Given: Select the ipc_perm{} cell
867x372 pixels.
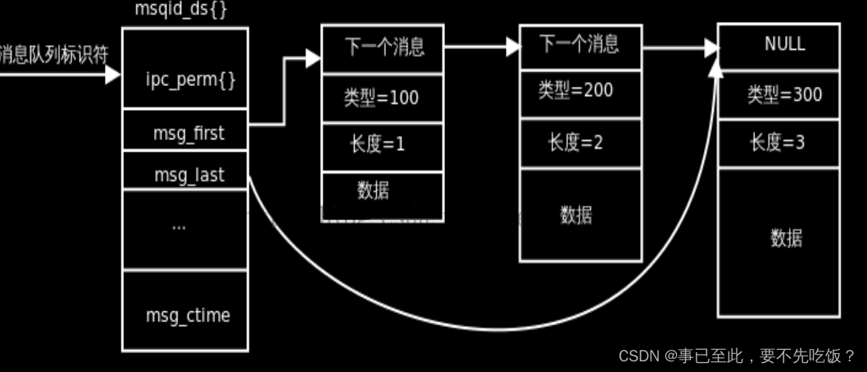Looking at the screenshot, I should click(185, 79).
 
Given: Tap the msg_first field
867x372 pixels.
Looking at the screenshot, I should click(188, 133).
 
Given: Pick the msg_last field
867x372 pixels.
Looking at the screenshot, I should click(188, 174).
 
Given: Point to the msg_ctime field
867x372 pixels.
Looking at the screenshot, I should click(188, 315).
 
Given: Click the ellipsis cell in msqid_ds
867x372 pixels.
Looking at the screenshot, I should click(179, 225).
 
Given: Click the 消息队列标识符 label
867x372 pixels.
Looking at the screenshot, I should click(53, 55).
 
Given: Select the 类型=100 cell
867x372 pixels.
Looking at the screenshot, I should click(381, 98).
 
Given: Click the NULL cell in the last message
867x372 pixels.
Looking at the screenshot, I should click(784, 45).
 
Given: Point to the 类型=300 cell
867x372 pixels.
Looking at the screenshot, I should click(784, 95).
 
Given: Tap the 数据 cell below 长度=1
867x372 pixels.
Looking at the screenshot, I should click(374, 190).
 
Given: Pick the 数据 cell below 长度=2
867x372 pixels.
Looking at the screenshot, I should click(576, 215).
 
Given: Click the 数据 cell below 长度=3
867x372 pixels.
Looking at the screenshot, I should click(786, 238).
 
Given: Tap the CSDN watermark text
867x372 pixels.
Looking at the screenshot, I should click(737, 356).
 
